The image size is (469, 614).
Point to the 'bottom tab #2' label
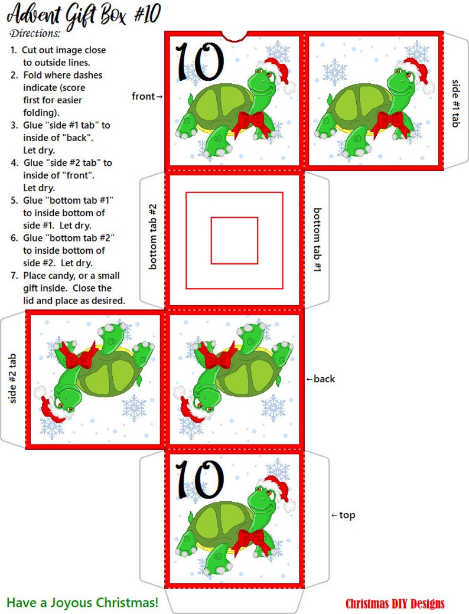[x=152, y=236]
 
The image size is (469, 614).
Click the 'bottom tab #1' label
[x=317, y=240]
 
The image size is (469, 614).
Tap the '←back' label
[x=320, y=379]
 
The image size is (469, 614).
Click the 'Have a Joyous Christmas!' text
[x=83, y=602]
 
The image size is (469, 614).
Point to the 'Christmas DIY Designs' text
[x=395, y=603]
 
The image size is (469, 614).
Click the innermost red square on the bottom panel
[x=234, y=240]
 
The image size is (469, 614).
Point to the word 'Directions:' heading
[x=35, y=33]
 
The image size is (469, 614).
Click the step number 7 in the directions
[x=14, y=276]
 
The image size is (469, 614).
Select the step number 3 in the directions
[x=14, y=125]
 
